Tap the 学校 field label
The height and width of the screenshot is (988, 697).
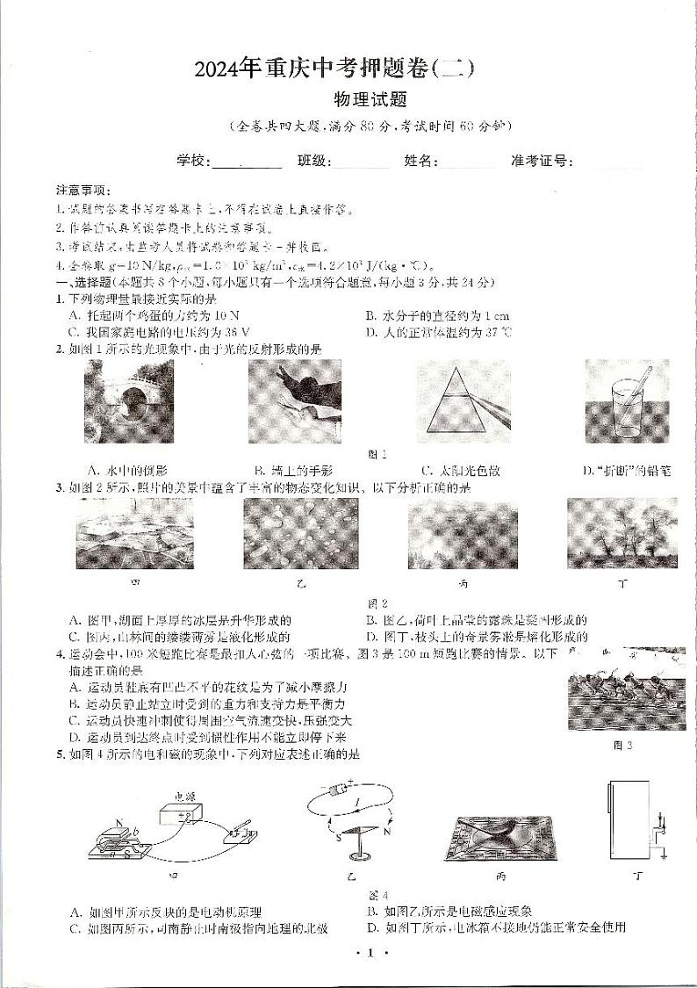[192, 161]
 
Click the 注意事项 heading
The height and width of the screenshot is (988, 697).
[82, 191]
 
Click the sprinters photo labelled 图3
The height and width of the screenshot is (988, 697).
[626, 689]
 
